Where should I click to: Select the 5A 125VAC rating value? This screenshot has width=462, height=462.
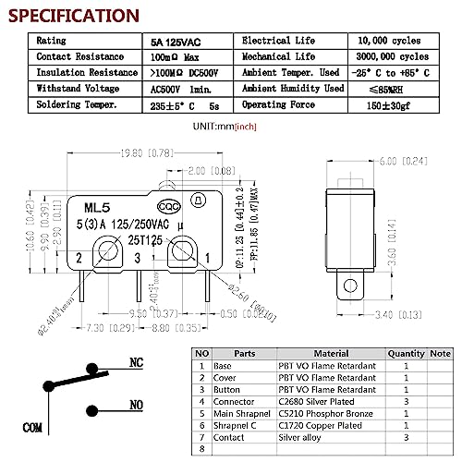pos(177,42)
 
